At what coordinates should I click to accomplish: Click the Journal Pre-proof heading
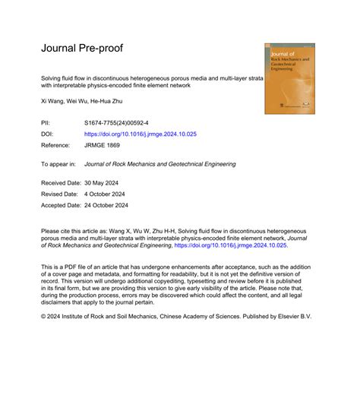[x=81, y=49]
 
